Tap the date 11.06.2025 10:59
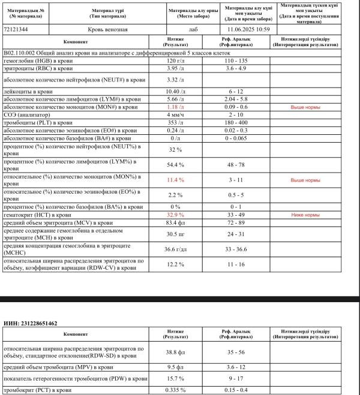[248, 29]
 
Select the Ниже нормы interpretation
[305, 214]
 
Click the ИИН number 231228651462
[38, 324]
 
